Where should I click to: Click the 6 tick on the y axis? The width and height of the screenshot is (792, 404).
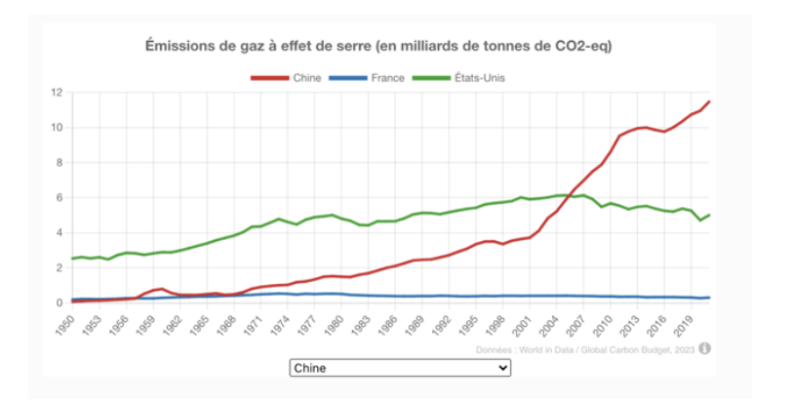click(59, 198)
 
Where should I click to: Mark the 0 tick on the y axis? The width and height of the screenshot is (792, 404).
click(59, 303)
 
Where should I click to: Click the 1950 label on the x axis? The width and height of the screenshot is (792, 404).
click(65, 323)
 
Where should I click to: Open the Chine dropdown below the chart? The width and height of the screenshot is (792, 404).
click(400, 368)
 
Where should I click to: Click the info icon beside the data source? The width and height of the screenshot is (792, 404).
click(704, 347)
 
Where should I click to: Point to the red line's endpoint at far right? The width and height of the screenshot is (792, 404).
click(709, 101)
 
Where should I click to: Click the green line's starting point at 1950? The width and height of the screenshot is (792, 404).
click(72, 259)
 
